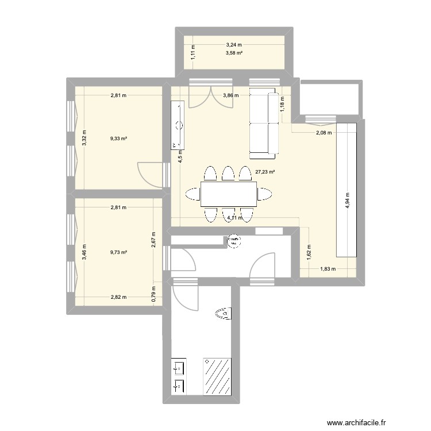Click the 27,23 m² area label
265,171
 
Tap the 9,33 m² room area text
120,138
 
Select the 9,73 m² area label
120,252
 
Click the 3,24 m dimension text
234,44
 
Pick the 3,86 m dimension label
232,96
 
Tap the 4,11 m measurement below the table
235,218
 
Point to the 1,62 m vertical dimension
309,249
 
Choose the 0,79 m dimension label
153,294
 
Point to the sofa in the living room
263,124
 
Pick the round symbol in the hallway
234,242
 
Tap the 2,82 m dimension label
119,297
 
